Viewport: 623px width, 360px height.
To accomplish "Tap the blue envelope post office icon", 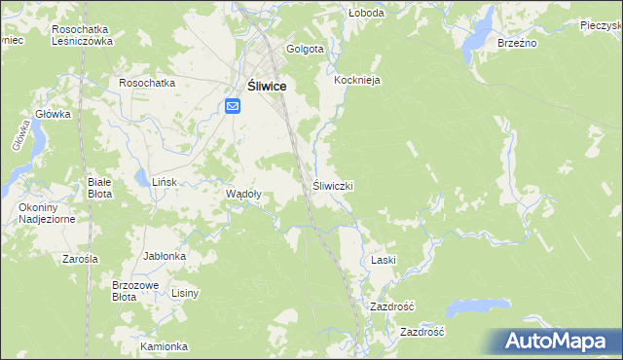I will click(235, 106).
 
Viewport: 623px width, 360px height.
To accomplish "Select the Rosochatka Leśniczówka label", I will click(83, 36).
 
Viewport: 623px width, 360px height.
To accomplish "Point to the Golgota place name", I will click(305, 49).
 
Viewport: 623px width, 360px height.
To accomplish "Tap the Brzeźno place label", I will click(518, 44).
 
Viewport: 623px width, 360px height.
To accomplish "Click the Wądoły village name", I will click(243, 194).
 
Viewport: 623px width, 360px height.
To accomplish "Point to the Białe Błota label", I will click(100, 188).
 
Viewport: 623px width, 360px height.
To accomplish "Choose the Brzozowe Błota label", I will click(135, 291).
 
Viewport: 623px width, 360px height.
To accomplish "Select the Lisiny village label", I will click(185, 293).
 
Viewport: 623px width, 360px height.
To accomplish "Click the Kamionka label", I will click(163, 346).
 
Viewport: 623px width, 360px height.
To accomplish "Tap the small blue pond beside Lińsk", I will click(142, 178).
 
